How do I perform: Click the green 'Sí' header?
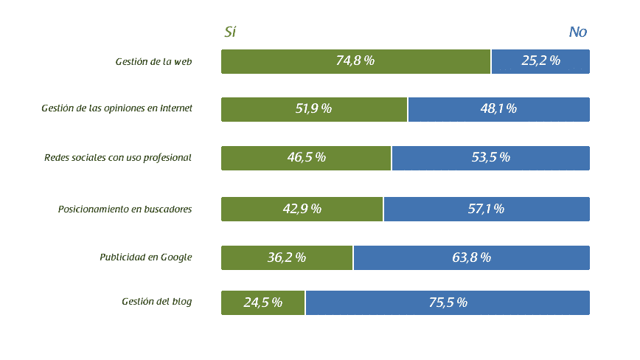click(x=230, y=32)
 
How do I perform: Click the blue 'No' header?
click(x=578, y=32)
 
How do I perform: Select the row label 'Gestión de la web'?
click(x=153, y=61)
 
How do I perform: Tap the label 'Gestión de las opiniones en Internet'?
click(x=116, y=108)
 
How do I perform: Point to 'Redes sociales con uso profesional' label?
click(x=118, y=157)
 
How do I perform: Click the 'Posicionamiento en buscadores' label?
click(x=125, y=209)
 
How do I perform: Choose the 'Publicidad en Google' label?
click(x=146, y=257)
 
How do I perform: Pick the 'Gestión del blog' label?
click(x=156, y=302)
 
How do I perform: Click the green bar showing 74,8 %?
click(x=355, y=61)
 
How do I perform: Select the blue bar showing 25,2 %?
click(x=540, y=61)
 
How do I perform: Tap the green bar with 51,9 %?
click(x=314, y=109)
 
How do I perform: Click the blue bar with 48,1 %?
click(x=498, y=109)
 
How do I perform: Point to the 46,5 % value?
click(x=307, y=158)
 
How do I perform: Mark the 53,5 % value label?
click(x=490, y=158)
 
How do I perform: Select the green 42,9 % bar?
click(x=302, y=209)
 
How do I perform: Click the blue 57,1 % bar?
click(x=486, y=209)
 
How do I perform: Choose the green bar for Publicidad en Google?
click(x=287, y=257)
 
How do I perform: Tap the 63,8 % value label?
click(x=472, y=257)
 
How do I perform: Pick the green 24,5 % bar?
click(x=263, y=302)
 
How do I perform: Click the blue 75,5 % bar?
click(x=448, y=302)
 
